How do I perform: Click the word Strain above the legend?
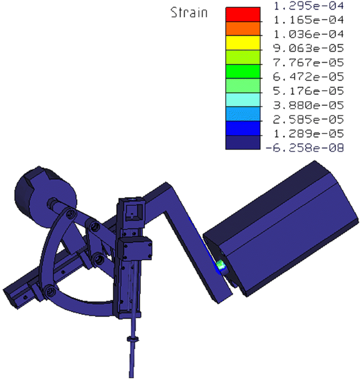pos(188,12)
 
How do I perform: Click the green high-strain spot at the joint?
pos(221,265)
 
